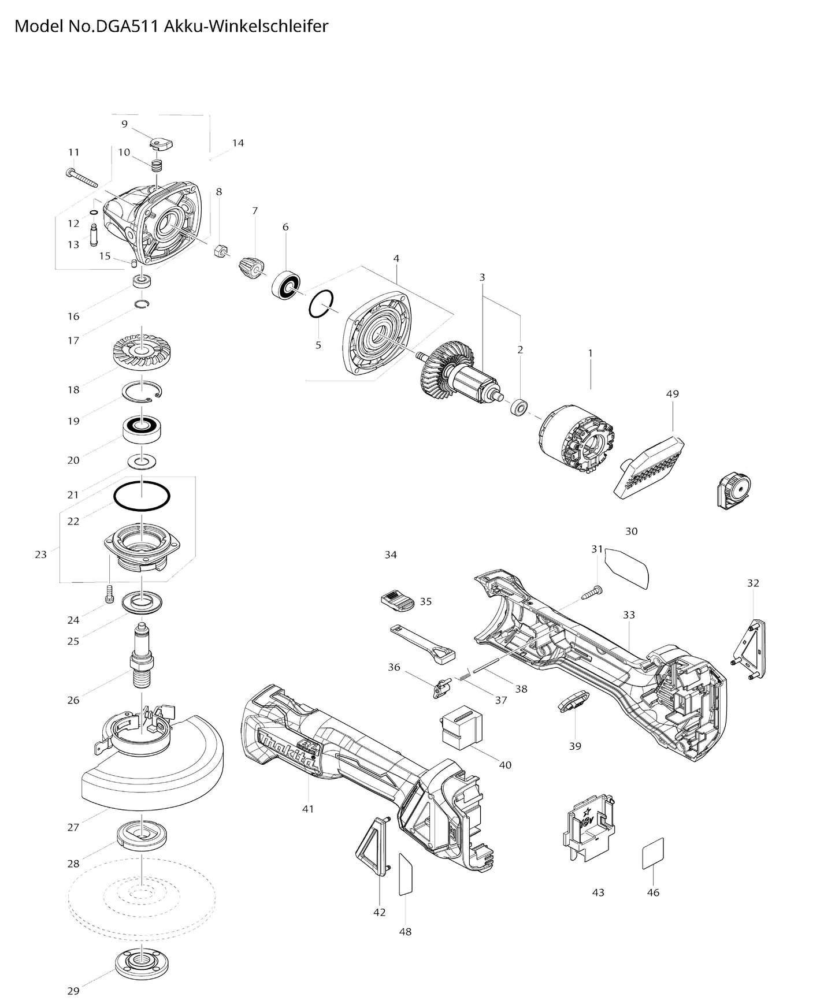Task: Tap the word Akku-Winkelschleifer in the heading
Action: click(247, 26)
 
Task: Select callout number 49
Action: click(672, 394)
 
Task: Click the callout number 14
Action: click(238, 143)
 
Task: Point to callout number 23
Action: click(40, 555)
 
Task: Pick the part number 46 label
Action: click(653, 892)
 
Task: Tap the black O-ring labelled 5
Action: click(321, 304)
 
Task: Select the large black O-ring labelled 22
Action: click(142, 496)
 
